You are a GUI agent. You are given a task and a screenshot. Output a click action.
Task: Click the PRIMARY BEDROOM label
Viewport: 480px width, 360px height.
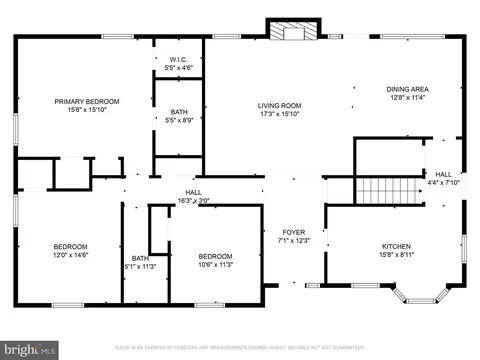87,101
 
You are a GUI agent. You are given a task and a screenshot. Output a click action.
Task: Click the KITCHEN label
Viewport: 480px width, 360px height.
397,245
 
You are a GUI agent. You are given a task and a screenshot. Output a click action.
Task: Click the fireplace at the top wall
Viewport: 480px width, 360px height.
292,31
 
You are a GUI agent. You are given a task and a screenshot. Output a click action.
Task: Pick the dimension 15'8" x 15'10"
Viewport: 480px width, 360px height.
87,111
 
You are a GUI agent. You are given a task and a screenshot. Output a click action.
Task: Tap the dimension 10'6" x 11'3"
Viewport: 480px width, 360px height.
215,265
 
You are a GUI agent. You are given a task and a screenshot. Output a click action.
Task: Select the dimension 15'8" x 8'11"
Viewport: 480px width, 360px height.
397,255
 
